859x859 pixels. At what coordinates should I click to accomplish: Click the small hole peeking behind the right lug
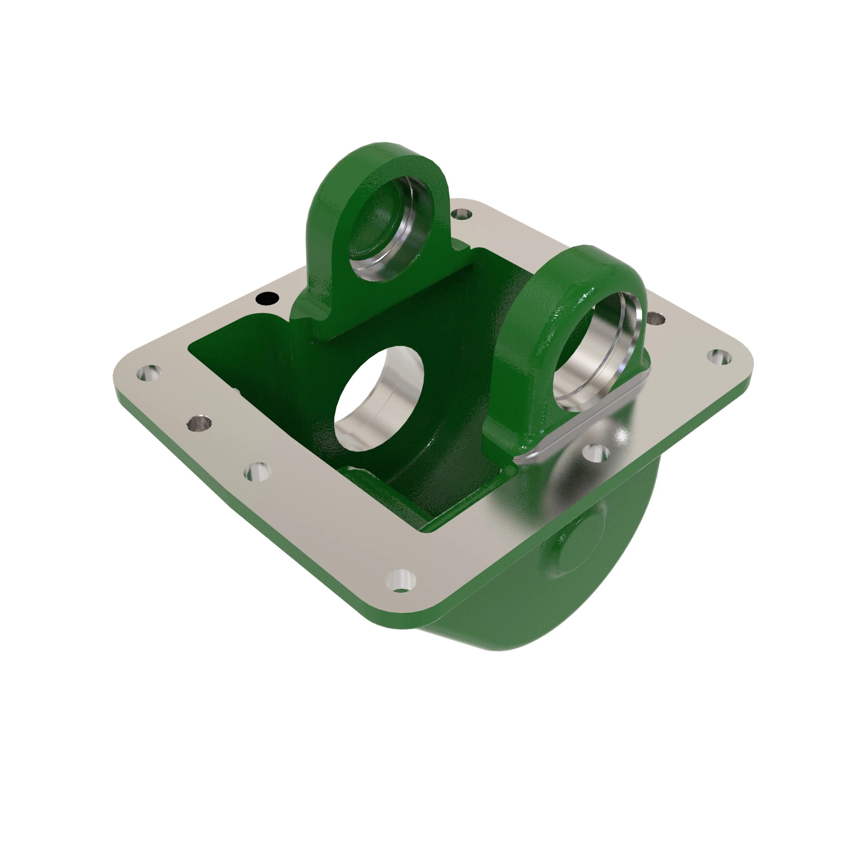(656, 318)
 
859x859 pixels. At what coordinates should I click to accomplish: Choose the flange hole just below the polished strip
(596, 454)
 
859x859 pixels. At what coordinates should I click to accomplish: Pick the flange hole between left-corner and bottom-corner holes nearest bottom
(258, 471)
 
